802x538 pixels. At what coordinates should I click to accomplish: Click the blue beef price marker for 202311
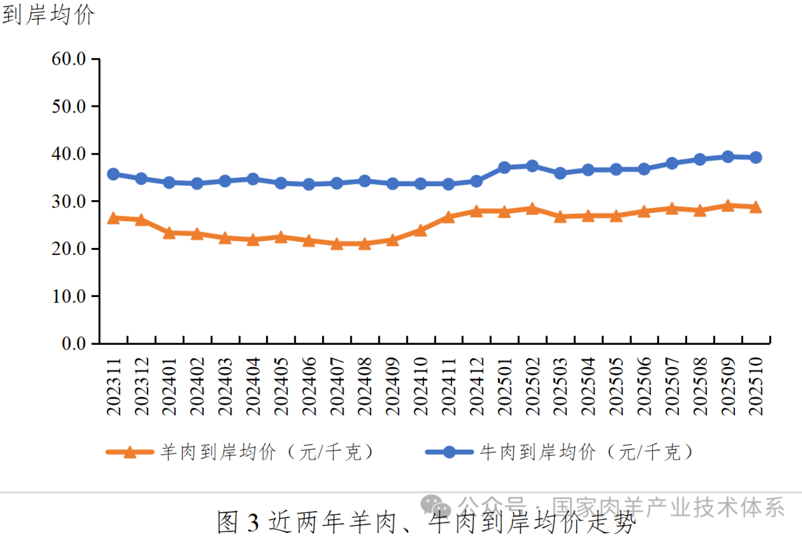coord(113,174)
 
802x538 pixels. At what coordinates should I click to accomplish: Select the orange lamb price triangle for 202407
coord(337,244)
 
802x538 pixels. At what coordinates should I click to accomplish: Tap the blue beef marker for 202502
coord(532,166)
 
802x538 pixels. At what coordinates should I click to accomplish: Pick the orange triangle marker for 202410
coord(421,230)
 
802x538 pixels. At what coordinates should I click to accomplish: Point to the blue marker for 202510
coord(755,157)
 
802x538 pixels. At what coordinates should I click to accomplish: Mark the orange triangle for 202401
coord(169,233)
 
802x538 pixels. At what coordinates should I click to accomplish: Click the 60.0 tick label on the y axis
coord(69,59)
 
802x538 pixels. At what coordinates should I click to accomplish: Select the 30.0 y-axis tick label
coord(69,201)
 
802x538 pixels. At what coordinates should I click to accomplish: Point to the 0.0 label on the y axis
coord(74,343)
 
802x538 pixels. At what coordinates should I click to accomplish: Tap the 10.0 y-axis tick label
coord(69,296)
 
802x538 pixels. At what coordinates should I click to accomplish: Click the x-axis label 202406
coord(309,386)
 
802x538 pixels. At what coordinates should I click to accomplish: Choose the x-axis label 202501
coord(505,386)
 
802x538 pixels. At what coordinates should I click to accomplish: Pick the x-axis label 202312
coord(141,386)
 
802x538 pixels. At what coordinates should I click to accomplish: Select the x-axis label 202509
coord(728,386)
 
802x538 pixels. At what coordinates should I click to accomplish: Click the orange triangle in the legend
coord(129,452)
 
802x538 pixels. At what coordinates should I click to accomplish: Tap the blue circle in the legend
coord(449,452)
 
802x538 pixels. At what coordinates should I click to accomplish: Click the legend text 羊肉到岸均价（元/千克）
coord(267,452)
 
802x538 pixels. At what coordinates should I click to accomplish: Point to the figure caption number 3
coord(253,522)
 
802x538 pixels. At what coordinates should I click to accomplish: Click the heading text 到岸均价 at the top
coord(48,14)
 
